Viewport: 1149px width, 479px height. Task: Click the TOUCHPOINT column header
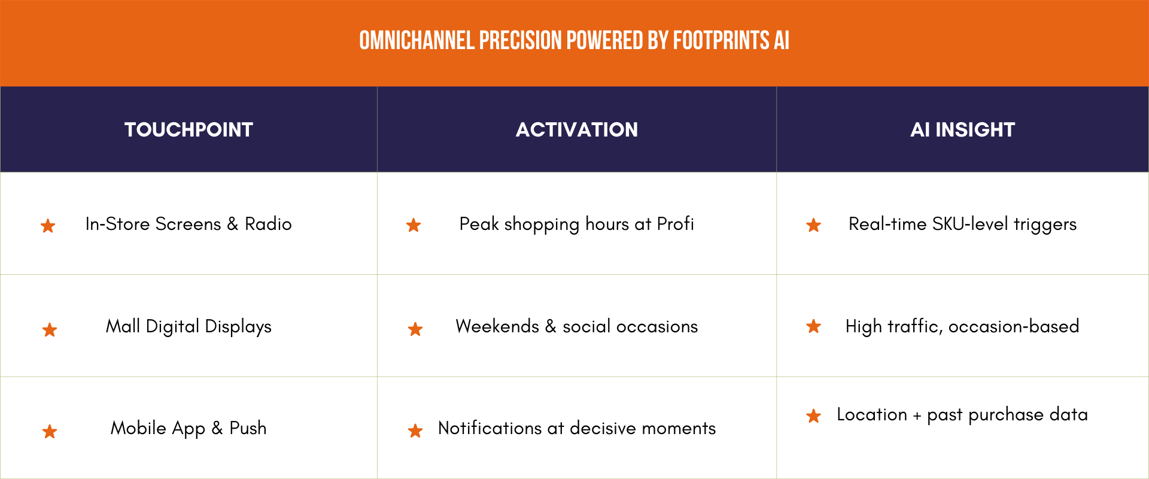click(189, 129)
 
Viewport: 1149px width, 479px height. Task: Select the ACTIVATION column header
click(577, 129)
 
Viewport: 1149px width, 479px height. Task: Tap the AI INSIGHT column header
click(962, 129)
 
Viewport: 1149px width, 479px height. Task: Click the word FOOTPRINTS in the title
click(721, 41)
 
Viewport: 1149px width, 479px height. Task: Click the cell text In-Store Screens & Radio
click(189, 224)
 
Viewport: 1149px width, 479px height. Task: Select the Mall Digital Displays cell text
click(189, 326)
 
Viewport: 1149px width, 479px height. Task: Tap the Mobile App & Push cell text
click(189, 428)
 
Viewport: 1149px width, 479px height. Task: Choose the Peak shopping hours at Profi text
click(576, 224)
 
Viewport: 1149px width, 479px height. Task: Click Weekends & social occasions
click(576, 326)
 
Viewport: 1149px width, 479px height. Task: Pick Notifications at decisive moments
click(576, 428)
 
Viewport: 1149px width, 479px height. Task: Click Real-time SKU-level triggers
click(962, 224)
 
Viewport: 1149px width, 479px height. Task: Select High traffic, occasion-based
click(962, 326)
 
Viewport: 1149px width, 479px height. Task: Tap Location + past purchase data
click(962, 414)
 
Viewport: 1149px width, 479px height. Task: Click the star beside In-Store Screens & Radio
click(48, 226)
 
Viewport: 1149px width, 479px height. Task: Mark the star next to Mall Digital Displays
click(50, 330)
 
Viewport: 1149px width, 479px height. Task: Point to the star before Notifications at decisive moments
click(415, 431)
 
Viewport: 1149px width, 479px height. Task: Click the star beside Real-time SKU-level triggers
click(813, 225)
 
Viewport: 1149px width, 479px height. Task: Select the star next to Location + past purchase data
click(813, 416)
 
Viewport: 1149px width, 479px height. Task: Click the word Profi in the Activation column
click(675, 224)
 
